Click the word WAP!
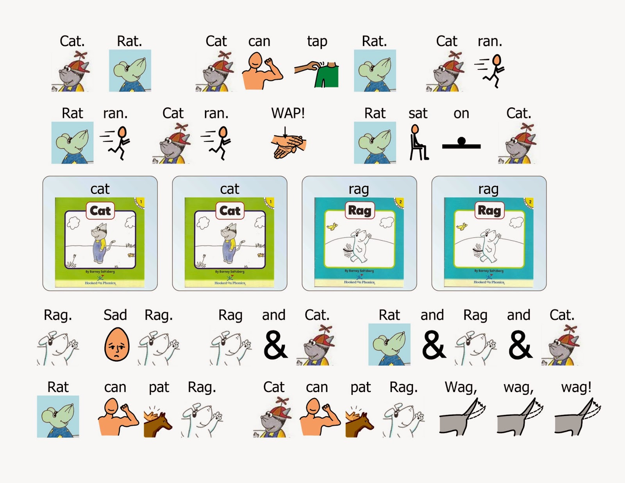288,113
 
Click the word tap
317,41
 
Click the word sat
418,114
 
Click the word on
461,114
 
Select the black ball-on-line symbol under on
461,144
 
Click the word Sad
115,315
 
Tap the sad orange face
116,344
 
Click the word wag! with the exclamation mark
576,387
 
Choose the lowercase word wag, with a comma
518,388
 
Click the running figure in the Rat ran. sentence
115,143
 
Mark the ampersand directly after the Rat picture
433,345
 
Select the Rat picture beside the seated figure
375,143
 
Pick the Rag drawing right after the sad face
159,347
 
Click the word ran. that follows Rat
115,114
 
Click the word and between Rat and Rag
432,315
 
